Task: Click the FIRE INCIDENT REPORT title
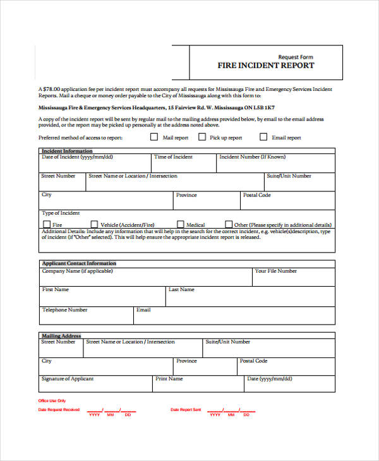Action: pyautogui.click(x=265, y=66)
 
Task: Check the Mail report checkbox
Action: pyautogui.click(x=154, y=136)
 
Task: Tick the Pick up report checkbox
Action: pyautogui.click(x=202, y=136)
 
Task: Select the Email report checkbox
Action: pyautogui.click(x=263, y=136)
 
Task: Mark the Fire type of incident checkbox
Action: pyautogui.click(x=46, y=224)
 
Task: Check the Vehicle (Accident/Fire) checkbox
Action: pyautogui.click(x=94, y=224)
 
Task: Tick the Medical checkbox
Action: pyautogui.click(x=181, y=224)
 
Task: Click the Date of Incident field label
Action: pyautogui.click(x=77, y=157)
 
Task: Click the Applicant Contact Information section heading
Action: pyautogui.click(x=79, y=263)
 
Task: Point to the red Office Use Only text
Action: pyautogui.click(x=52, y=401)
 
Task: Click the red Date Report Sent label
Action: pyautogui.click(x=186, y=410)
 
